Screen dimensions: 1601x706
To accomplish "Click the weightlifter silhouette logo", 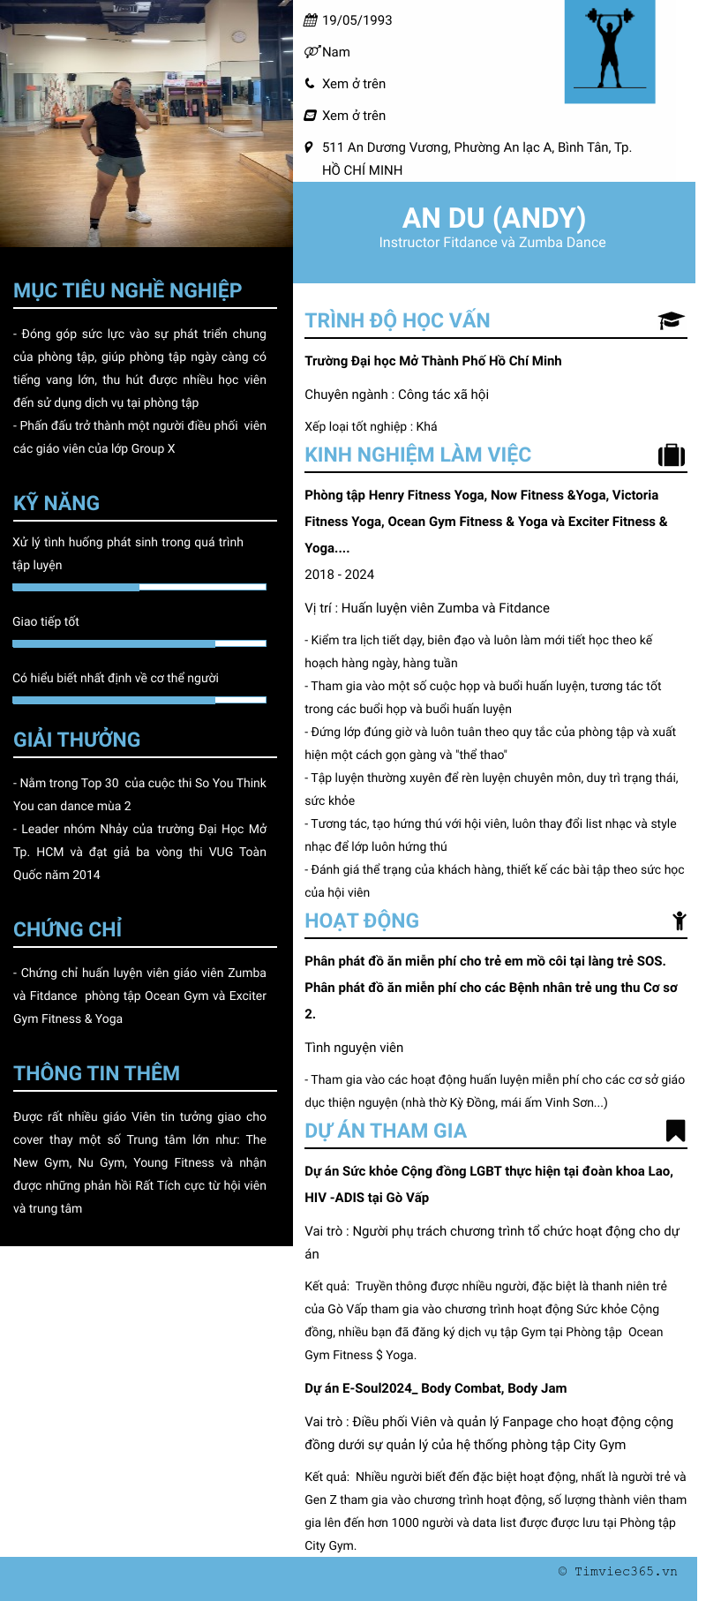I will pyautogui.click(x=610, y=51).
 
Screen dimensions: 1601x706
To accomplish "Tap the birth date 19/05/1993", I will pyautogui.click(x=357, y=20).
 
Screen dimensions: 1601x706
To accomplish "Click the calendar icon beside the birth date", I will pyautogui.click(x=311, y=20).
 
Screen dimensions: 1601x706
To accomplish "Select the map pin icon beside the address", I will pyautogui.click(x=309, y=147).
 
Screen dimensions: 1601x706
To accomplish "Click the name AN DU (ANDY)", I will pyautogui.click(x=493, y=217).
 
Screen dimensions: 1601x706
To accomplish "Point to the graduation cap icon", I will pyautogui.click(x=671, y=320).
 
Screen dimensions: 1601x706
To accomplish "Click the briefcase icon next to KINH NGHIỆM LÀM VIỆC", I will pyautogui.click(x=672, y=455).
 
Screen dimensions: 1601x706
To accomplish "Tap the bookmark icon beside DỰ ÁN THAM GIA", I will pyautogui.click(x=675, y=1131).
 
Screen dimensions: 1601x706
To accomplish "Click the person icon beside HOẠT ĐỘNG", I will pyautogui.click(x=679, y=921).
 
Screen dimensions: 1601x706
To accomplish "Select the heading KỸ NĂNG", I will pyautogui.click(x=56, y=503).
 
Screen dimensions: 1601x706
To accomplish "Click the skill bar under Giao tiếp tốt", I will pyautogui.click(x=139, y=643).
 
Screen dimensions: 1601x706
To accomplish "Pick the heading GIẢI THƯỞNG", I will pyautogui.click(x=77, y=740).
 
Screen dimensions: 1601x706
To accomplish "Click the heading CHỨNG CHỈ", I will pyautogui.click(x=68, y=929).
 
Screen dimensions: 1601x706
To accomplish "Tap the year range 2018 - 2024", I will pyautogui.click(x=340, y=575).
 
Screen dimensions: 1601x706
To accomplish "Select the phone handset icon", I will pyautogui.click(x=310, y=84).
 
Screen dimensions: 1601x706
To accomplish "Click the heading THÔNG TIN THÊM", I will pyautogui.click(x=96, y=1073).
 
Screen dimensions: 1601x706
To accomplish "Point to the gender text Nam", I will pyautogui.click(x=335, y=52).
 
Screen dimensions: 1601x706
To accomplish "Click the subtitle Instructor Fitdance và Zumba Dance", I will pyautogui.click(x=492, y=243).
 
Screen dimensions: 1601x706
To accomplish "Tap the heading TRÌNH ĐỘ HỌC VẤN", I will pyautogui.click(x=397, y=320).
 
